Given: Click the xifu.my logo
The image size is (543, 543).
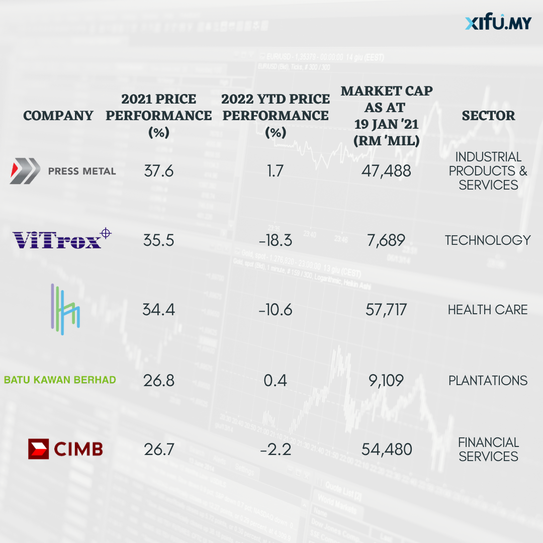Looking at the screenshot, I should point(498,23).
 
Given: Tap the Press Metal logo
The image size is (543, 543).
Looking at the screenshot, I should point(63,171).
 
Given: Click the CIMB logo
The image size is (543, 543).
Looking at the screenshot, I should point(65,448).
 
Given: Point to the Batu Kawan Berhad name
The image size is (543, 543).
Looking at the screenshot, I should point(60,380).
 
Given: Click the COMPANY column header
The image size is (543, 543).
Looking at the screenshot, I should point(58,116).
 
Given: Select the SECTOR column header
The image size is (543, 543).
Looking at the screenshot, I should point(488,116).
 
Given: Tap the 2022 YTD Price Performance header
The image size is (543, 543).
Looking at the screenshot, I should point(276,115).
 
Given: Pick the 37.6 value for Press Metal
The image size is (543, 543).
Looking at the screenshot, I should point(158,171).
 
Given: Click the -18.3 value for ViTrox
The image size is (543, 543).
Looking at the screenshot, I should point(276,240).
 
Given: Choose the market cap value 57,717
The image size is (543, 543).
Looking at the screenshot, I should point(386,309).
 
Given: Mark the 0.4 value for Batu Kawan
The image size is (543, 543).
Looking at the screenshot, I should point(276,380).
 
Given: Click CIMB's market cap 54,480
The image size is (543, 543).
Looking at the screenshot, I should point(387,449).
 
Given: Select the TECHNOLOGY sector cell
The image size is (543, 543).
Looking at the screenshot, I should point(488,240).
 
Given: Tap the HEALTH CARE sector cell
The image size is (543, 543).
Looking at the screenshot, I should point(488,309).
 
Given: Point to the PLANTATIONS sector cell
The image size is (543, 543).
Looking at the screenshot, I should point(488,380).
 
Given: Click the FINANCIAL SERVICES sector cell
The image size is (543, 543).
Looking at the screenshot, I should point(488,449).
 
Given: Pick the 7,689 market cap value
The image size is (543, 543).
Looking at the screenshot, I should point(386,240).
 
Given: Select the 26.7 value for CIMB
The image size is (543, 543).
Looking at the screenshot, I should point(159,449).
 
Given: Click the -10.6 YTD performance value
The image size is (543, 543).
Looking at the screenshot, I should point(276,309).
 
